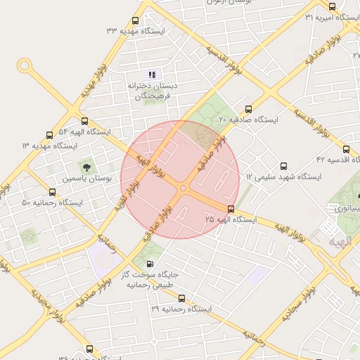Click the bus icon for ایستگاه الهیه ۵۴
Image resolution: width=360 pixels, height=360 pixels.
click(x=85, y=122)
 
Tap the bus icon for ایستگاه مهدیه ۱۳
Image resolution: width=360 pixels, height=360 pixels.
click(x=49, y=135)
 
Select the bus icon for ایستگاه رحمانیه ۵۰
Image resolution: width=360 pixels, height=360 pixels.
click(x=53, y=193)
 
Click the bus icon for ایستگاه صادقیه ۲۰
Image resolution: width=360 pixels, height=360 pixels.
click(x=248, y=109)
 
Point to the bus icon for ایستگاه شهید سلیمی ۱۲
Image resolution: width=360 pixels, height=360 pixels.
click(x=284, y=167)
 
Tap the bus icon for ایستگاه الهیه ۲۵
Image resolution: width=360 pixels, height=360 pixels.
click(x=231, y=209)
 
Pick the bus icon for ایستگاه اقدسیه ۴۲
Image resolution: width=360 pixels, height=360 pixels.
click(x=346, y=149)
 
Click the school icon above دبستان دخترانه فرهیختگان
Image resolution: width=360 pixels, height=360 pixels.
click(x=152, y=74)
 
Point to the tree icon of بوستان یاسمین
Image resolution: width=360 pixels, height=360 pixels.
click(x=86, y=167)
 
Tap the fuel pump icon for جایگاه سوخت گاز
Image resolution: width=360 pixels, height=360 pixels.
click(x=148, y=263)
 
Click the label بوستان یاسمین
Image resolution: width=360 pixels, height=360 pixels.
click(x=87, y=179)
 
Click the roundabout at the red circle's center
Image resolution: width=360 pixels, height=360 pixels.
click(x=182, y=188)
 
